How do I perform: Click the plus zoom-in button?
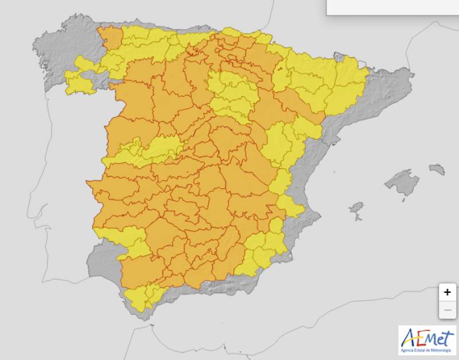448,292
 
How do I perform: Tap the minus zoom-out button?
448,311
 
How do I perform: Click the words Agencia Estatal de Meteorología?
427,349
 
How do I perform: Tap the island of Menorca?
437,169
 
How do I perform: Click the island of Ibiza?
357,207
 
